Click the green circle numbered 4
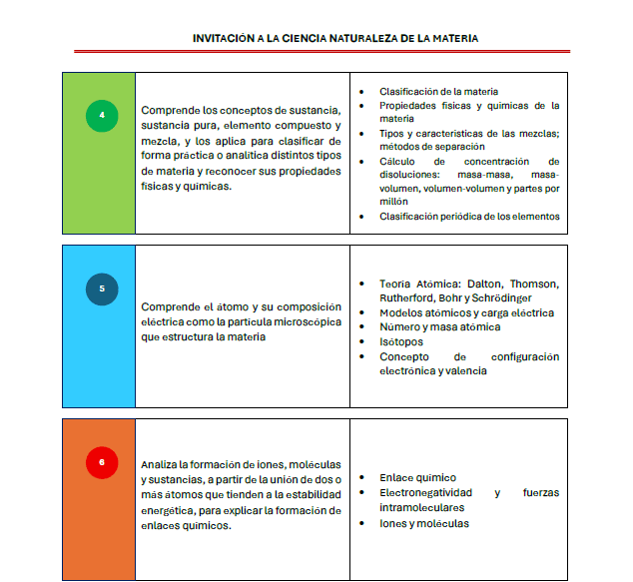101,116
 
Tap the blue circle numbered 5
101,289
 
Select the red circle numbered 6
101,461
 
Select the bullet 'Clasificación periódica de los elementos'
469,216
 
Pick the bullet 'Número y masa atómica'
439,326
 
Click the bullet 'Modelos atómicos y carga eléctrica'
466,312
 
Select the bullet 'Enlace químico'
417,477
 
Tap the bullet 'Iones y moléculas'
423,523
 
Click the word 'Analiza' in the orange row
161,465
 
